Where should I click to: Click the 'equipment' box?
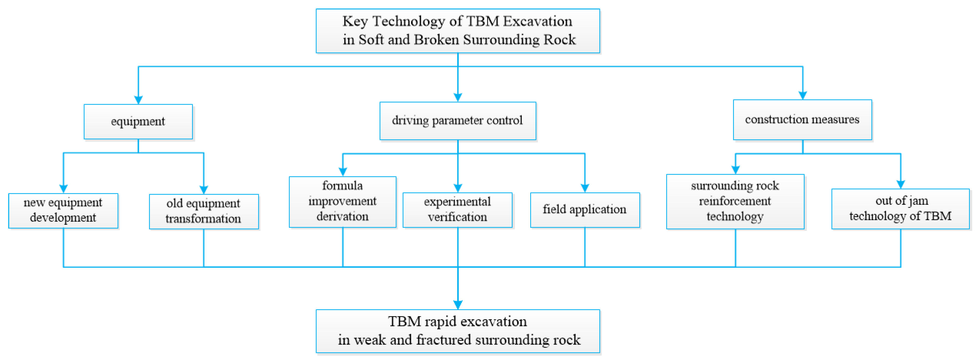click(138, 122)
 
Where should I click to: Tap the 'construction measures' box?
click(802, 120)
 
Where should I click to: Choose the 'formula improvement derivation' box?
click(342, 202)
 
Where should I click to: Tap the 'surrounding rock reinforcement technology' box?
click(735, 202)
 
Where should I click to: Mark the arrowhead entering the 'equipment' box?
click(138, 100)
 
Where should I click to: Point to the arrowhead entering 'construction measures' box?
click(803, 95)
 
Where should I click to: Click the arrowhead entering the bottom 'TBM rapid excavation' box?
click(458, 305)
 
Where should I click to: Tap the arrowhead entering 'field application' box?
click(585, 188)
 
